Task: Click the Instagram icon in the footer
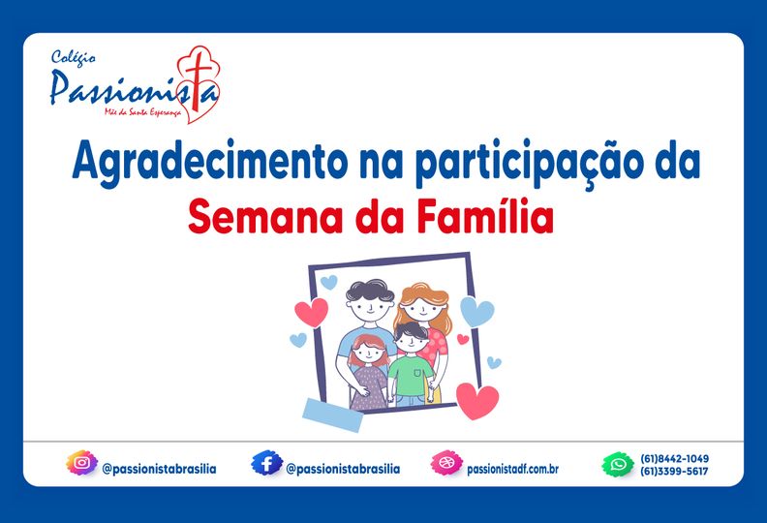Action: (82, 463)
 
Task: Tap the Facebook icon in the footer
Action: (266, 463)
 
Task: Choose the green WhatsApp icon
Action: (617, 465)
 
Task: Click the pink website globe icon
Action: (445, 464)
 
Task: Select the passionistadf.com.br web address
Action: (512, 469)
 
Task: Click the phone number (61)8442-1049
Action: (674, 458)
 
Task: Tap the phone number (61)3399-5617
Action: (674, 472)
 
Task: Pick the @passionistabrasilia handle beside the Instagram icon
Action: (159, 469)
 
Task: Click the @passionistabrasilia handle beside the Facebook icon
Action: (343, 469)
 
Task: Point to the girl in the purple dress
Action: (369, 373)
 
